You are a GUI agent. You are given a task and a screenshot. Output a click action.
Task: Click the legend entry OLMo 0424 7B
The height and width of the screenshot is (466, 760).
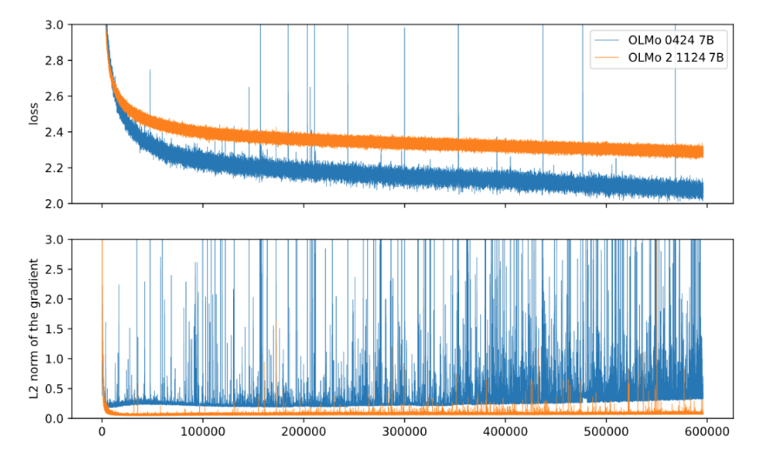pos(677,41)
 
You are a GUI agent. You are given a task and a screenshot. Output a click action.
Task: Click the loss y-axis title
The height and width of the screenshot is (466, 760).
pos(34,114)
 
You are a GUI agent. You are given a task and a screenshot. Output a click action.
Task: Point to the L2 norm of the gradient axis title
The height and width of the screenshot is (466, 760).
pos(34,329)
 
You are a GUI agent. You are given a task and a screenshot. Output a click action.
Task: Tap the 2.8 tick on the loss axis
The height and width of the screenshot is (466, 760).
pos(53,61)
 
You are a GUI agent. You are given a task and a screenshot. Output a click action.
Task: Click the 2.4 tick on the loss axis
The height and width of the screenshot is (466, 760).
pos(53,132)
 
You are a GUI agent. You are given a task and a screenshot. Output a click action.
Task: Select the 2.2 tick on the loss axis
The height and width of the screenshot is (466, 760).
pos(53,168)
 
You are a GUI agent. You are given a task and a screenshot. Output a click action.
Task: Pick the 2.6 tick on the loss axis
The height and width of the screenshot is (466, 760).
pos(53,97)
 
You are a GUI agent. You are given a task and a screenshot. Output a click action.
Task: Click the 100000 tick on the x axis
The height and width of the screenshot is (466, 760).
pos(203,432)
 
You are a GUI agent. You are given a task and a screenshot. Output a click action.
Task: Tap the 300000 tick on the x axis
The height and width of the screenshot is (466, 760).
pos(404,432)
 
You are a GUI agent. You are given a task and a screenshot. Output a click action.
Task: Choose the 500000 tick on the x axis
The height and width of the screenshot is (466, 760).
pos(606,432)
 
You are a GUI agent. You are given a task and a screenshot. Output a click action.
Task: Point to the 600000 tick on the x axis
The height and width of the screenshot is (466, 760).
pos(707,432)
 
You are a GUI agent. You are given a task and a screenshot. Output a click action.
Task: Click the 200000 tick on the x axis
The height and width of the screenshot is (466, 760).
pos(303,432)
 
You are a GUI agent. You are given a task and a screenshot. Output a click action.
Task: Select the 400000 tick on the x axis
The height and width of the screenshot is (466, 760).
pos(505,432)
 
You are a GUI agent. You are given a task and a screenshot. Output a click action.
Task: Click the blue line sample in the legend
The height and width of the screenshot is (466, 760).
pos(607,41)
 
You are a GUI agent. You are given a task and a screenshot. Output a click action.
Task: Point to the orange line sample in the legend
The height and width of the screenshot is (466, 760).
pos(607,58)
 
